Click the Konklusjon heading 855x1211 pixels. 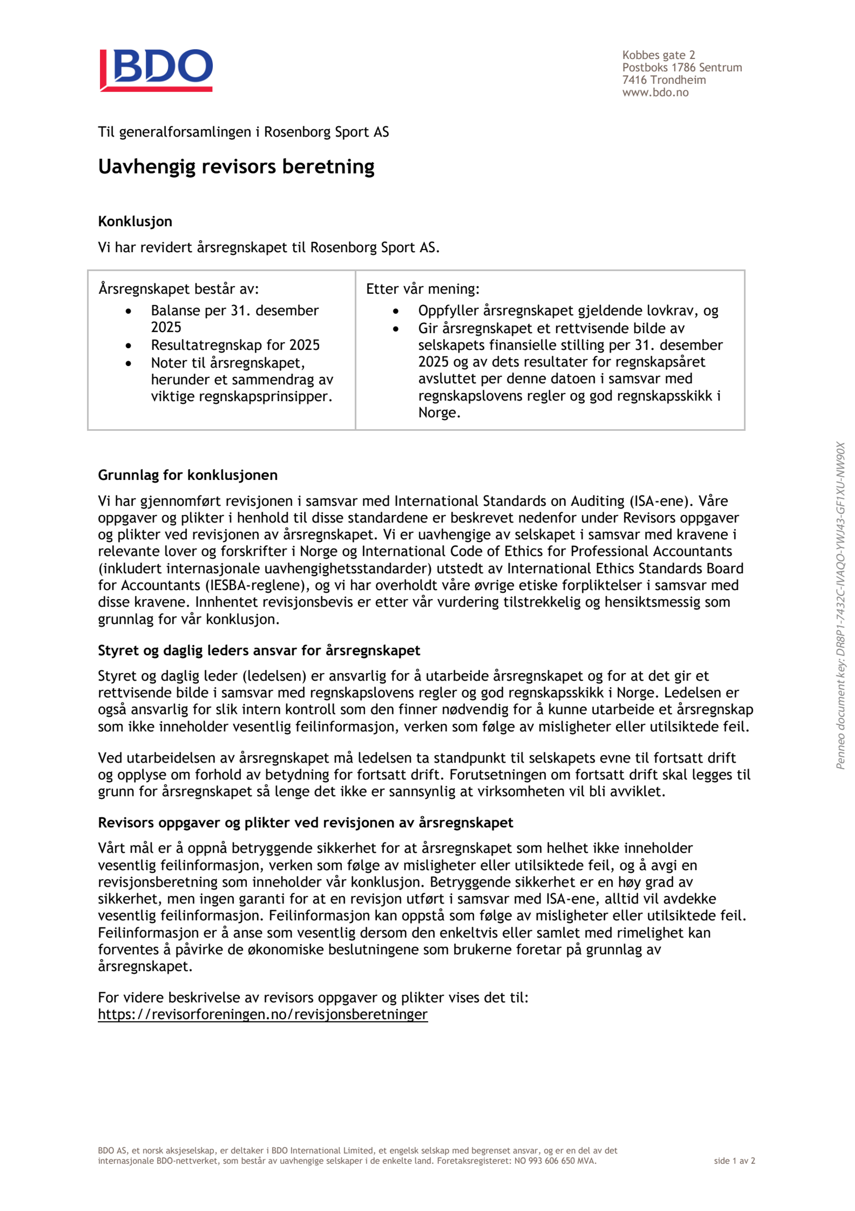[135, 221]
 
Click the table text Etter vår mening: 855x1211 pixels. [422, 289]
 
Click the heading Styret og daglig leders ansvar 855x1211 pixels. [259, 650]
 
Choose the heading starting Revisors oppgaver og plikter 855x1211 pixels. [305, 823]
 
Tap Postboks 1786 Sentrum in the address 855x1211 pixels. [682, 68]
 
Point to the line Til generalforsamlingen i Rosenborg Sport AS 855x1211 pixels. [243, 132]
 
